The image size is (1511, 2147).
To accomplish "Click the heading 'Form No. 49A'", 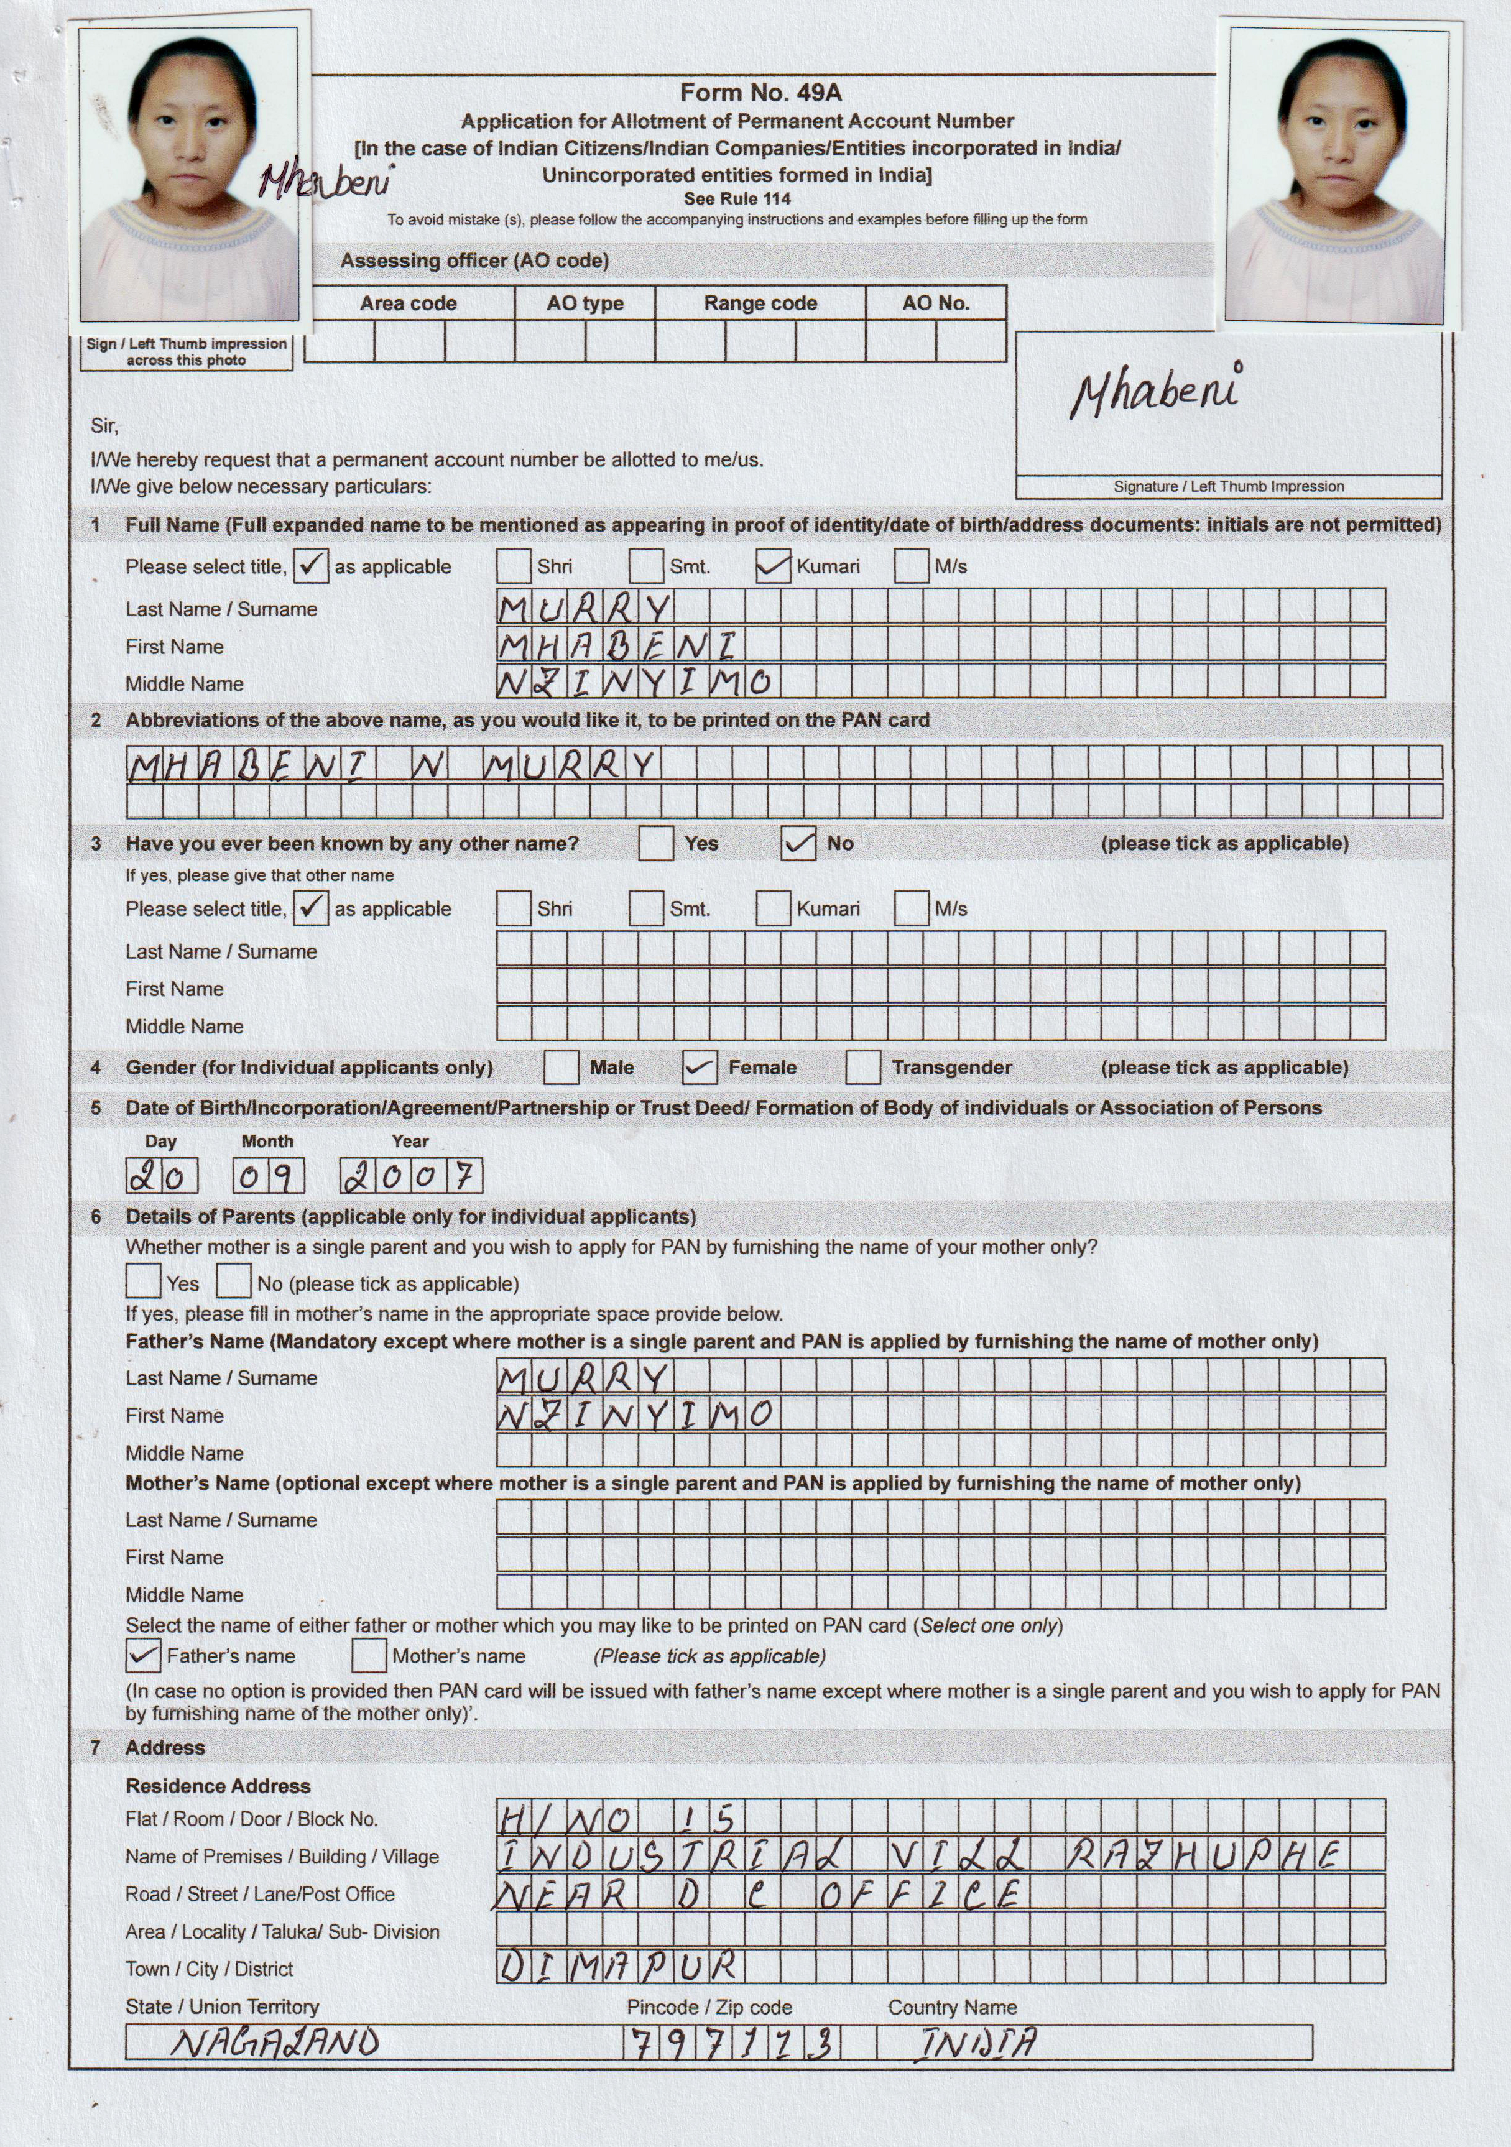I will coord(760,93).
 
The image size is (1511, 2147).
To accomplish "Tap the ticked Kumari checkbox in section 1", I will coord(772,566).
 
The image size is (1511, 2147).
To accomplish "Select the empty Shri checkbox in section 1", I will coord(514,566).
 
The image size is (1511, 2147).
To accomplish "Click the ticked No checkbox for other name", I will coord(798,844).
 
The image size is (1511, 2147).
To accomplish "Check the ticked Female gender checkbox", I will coord(700,1067).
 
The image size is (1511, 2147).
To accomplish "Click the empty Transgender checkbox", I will coord(862,1067).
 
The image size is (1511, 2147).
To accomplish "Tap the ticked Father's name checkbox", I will coord(142,1656).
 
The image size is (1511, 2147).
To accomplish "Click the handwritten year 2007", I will coord(412,1175).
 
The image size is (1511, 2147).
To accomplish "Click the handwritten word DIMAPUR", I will coord(618,1967).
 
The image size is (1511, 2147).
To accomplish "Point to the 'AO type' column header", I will coord(585,303).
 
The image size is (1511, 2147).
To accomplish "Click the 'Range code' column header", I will coord(760,303).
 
